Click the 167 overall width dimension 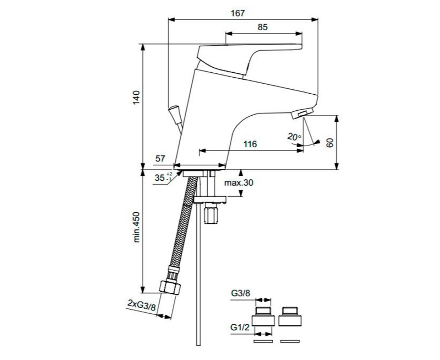pyautogui.click(x=237, y=13)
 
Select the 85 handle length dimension pyautogui.click(x=262, y=27)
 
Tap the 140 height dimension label pyautogui.click(x=136, y=98)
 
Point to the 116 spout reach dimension pyautogui.click(x=250, y=144)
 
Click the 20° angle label pyautogui.click(x=294, y=137)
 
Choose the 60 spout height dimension pyautogui.click(x=330, y=143)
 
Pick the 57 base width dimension pyautogui.click(x=160, y=158)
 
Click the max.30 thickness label pyautogui.click(x=239, y=183)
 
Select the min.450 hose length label pyautogui.click(x=136, y=227)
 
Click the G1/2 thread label pyautogui.click(x=240, y=328)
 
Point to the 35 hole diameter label pyautogui.click(x=163, y=178)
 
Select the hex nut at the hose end pyautogui.click(x=170, y=288)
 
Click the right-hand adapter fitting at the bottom pyautogui.click(x=290, y=316)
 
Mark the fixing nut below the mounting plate pyautogui.click(x=211, y=215)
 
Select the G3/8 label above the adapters pyautogui.click(x=240, y=293)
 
